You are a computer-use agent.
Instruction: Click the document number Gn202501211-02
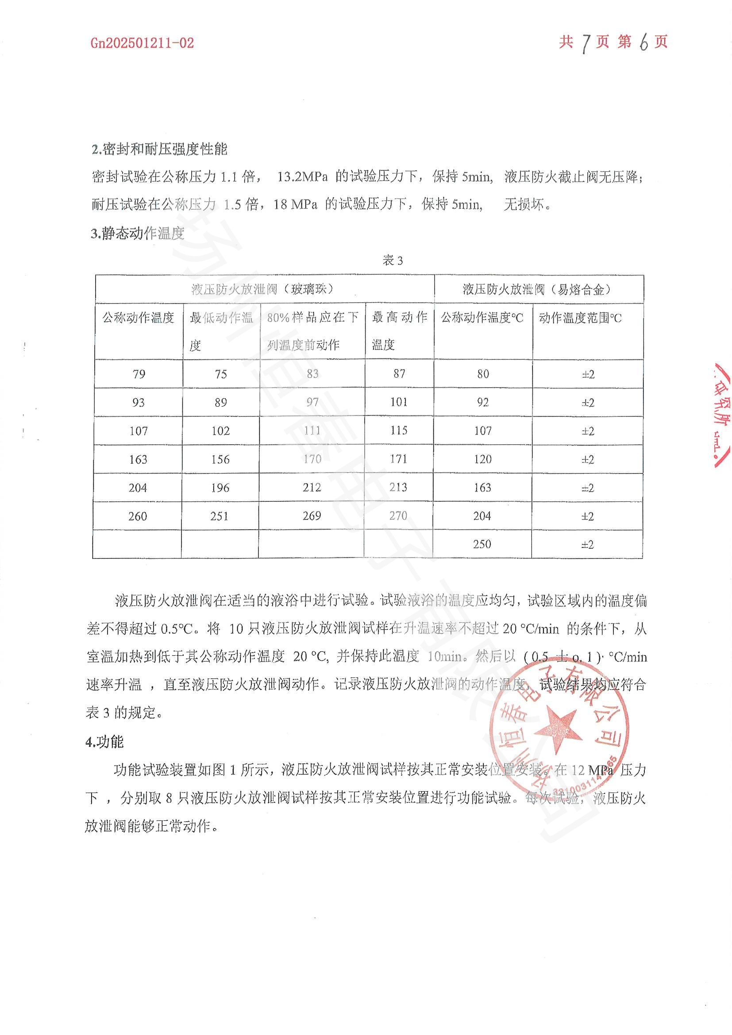pyautogui.click(x=142, y=43)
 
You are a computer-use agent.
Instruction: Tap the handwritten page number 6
pyautogui.click(x=643, y=43)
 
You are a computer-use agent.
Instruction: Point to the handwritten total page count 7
pyautogui.click(x=586, y=44)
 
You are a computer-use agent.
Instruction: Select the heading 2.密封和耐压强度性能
pyautogui.click(x=160, y=149)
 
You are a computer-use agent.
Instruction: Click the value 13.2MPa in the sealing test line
pyautogui.click(x=302, y=177)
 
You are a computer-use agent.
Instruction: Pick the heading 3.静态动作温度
pyautogui.click(x=138, y=233)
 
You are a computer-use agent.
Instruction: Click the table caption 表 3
pyautogui.click(x=392, y=261)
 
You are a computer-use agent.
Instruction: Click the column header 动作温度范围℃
pyautogui.click(x=580, y=318)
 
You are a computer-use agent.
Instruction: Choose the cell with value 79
pyautogui.click(x=139, y=374)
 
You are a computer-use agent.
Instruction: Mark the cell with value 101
pyautogui.click(x=399, y=402)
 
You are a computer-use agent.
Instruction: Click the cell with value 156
pyautogui.click(x=220, y=459)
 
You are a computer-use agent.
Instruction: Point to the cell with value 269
pyautogui.click(x=312, y=516)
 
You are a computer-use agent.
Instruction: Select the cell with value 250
pyautogui.click(x=482, y=544)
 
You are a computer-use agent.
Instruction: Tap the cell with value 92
pyautogui.click(x=483, y=402)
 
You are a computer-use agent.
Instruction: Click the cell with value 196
pyautogui.click(x=220, y=488)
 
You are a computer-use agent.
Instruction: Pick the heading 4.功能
pyautogui.click(x=104, y=742)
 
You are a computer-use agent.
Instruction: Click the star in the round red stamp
pyautogui.click(x=558, y=729)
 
